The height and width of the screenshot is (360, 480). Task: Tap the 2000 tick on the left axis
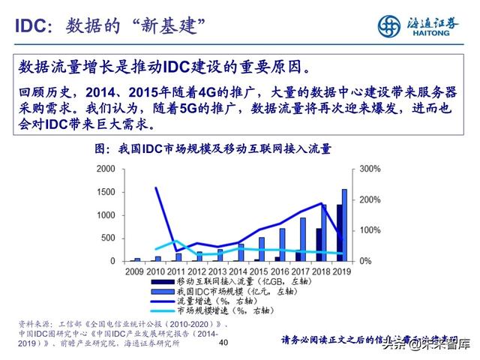click(x=106, y=170)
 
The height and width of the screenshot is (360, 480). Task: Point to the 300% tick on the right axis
click(x=361, y=170)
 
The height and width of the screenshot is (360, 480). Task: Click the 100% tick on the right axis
click(x=361, y=230)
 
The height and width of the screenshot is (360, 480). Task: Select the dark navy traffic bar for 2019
click(x=339, y=232)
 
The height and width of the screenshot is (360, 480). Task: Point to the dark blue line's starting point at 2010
click(x=156, y=187)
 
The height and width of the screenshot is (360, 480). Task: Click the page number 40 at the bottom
click(x=222, y=343)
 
